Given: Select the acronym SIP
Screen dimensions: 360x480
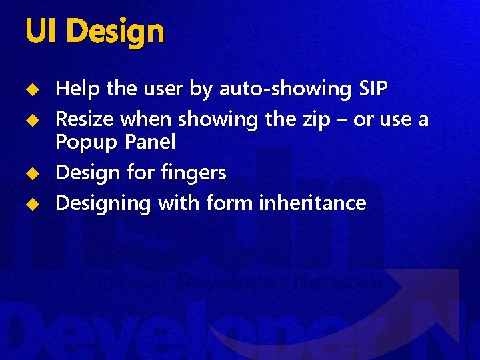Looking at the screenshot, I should coord(373,88).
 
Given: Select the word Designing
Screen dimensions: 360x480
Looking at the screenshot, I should coord(103,203).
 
